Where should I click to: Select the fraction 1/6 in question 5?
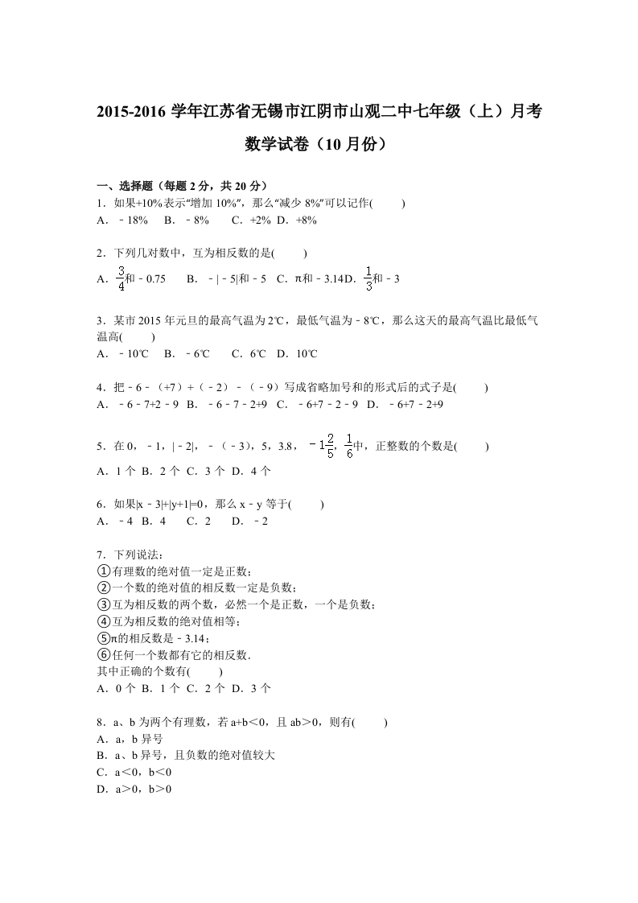pyautogui.click(x=348, y=445)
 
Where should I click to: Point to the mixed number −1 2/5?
pyautogui.click(x=322, y=445)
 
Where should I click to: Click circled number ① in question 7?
pyautogui.click(x=102, y=571)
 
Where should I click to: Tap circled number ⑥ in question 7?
pyautogui.click(x=102, y=654)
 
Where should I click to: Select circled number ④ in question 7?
pyautogui.click(x=102, y=621)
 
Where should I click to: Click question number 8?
pyautogui.click(x=101, y=723)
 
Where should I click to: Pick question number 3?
pyautogui.click(x=101, y=320)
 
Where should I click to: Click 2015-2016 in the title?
pyautogui.click(x=131, y=113)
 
